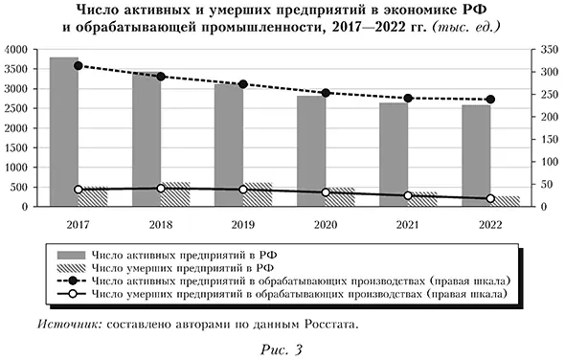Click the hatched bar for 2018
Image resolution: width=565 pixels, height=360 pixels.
coord(175,193)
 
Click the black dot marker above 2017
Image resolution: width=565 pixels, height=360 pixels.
coord(79,66)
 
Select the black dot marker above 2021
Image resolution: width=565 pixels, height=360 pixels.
coord(408,98)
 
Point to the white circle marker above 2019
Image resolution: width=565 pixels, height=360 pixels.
coord(243,190)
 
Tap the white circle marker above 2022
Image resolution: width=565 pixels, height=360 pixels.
coord(490,198)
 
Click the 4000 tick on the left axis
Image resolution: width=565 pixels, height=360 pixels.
coord(16,49)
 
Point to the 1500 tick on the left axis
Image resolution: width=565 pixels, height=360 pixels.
coord(16,146)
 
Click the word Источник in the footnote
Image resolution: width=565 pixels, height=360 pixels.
coord(65,325)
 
